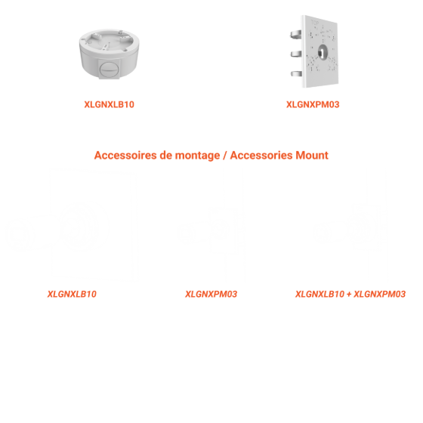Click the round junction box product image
(109, 54)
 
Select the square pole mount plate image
(314, 51)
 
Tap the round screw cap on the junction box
(110, 69)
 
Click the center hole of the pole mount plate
(323, 52)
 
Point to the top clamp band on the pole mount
(296, 34)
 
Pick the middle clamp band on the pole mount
(296, 54)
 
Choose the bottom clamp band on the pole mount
(296, 73)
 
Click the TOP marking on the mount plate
(315, 23)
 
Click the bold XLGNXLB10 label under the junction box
(109, 104)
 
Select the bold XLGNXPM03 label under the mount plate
(313, 104)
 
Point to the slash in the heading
(225, 156)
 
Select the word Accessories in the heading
(261, 156)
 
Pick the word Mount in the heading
(312, 156)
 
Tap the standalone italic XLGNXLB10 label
(72, 294)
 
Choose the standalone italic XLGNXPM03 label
(211, 294)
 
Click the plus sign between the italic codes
(349, 295)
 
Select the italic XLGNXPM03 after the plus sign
(379, 294)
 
